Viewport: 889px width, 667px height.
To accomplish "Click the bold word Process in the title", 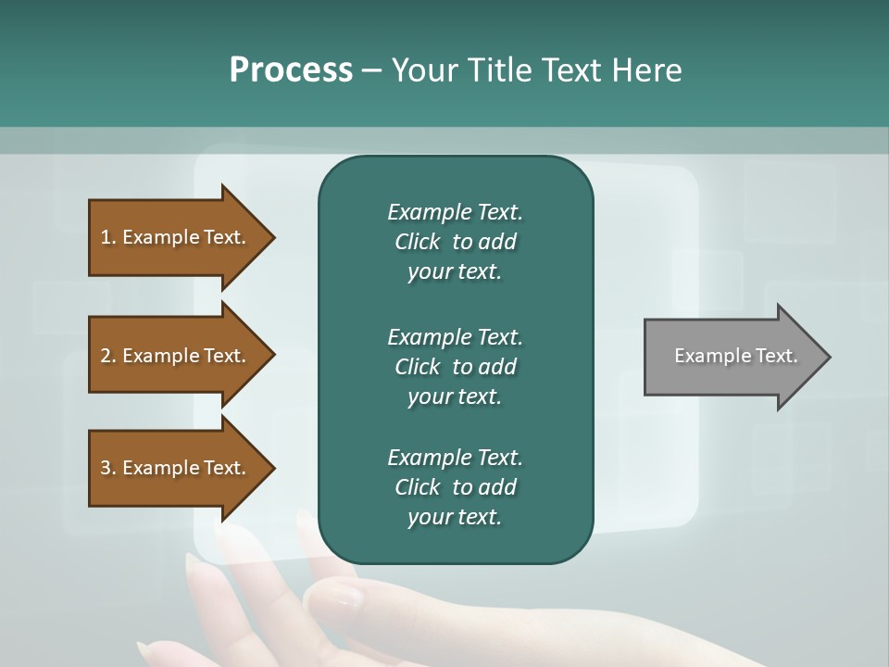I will tap(291, 70).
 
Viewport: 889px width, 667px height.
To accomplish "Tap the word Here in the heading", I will tap(647, 70).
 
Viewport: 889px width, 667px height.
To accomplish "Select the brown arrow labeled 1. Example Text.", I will tap(176, 237).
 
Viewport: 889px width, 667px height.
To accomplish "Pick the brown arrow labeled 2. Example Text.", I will tap(176, 356).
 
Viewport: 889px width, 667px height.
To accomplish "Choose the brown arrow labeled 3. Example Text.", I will tap(176, 468).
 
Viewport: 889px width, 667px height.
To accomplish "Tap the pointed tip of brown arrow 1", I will tap(272, 237).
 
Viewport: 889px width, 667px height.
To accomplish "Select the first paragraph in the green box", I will tap(455, 242).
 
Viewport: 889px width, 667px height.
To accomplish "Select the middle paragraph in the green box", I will tap(455, 366).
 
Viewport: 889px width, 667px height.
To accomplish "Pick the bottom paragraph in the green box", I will tap(455, 487).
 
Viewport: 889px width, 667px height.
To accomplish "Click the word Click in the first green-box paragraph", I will tap(417, 242).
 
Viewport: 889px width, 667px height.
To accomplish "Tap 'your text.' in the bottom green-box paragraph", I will tap(455, 517).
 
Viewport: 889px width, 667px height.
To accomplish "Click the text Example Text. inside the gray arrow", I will tap(735, 356).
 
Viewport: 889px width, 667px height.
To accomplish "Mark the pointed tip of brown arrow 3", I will tap(272, 468).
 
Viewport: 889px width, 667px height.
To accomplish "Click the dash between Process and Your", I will tap(371, 71).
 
